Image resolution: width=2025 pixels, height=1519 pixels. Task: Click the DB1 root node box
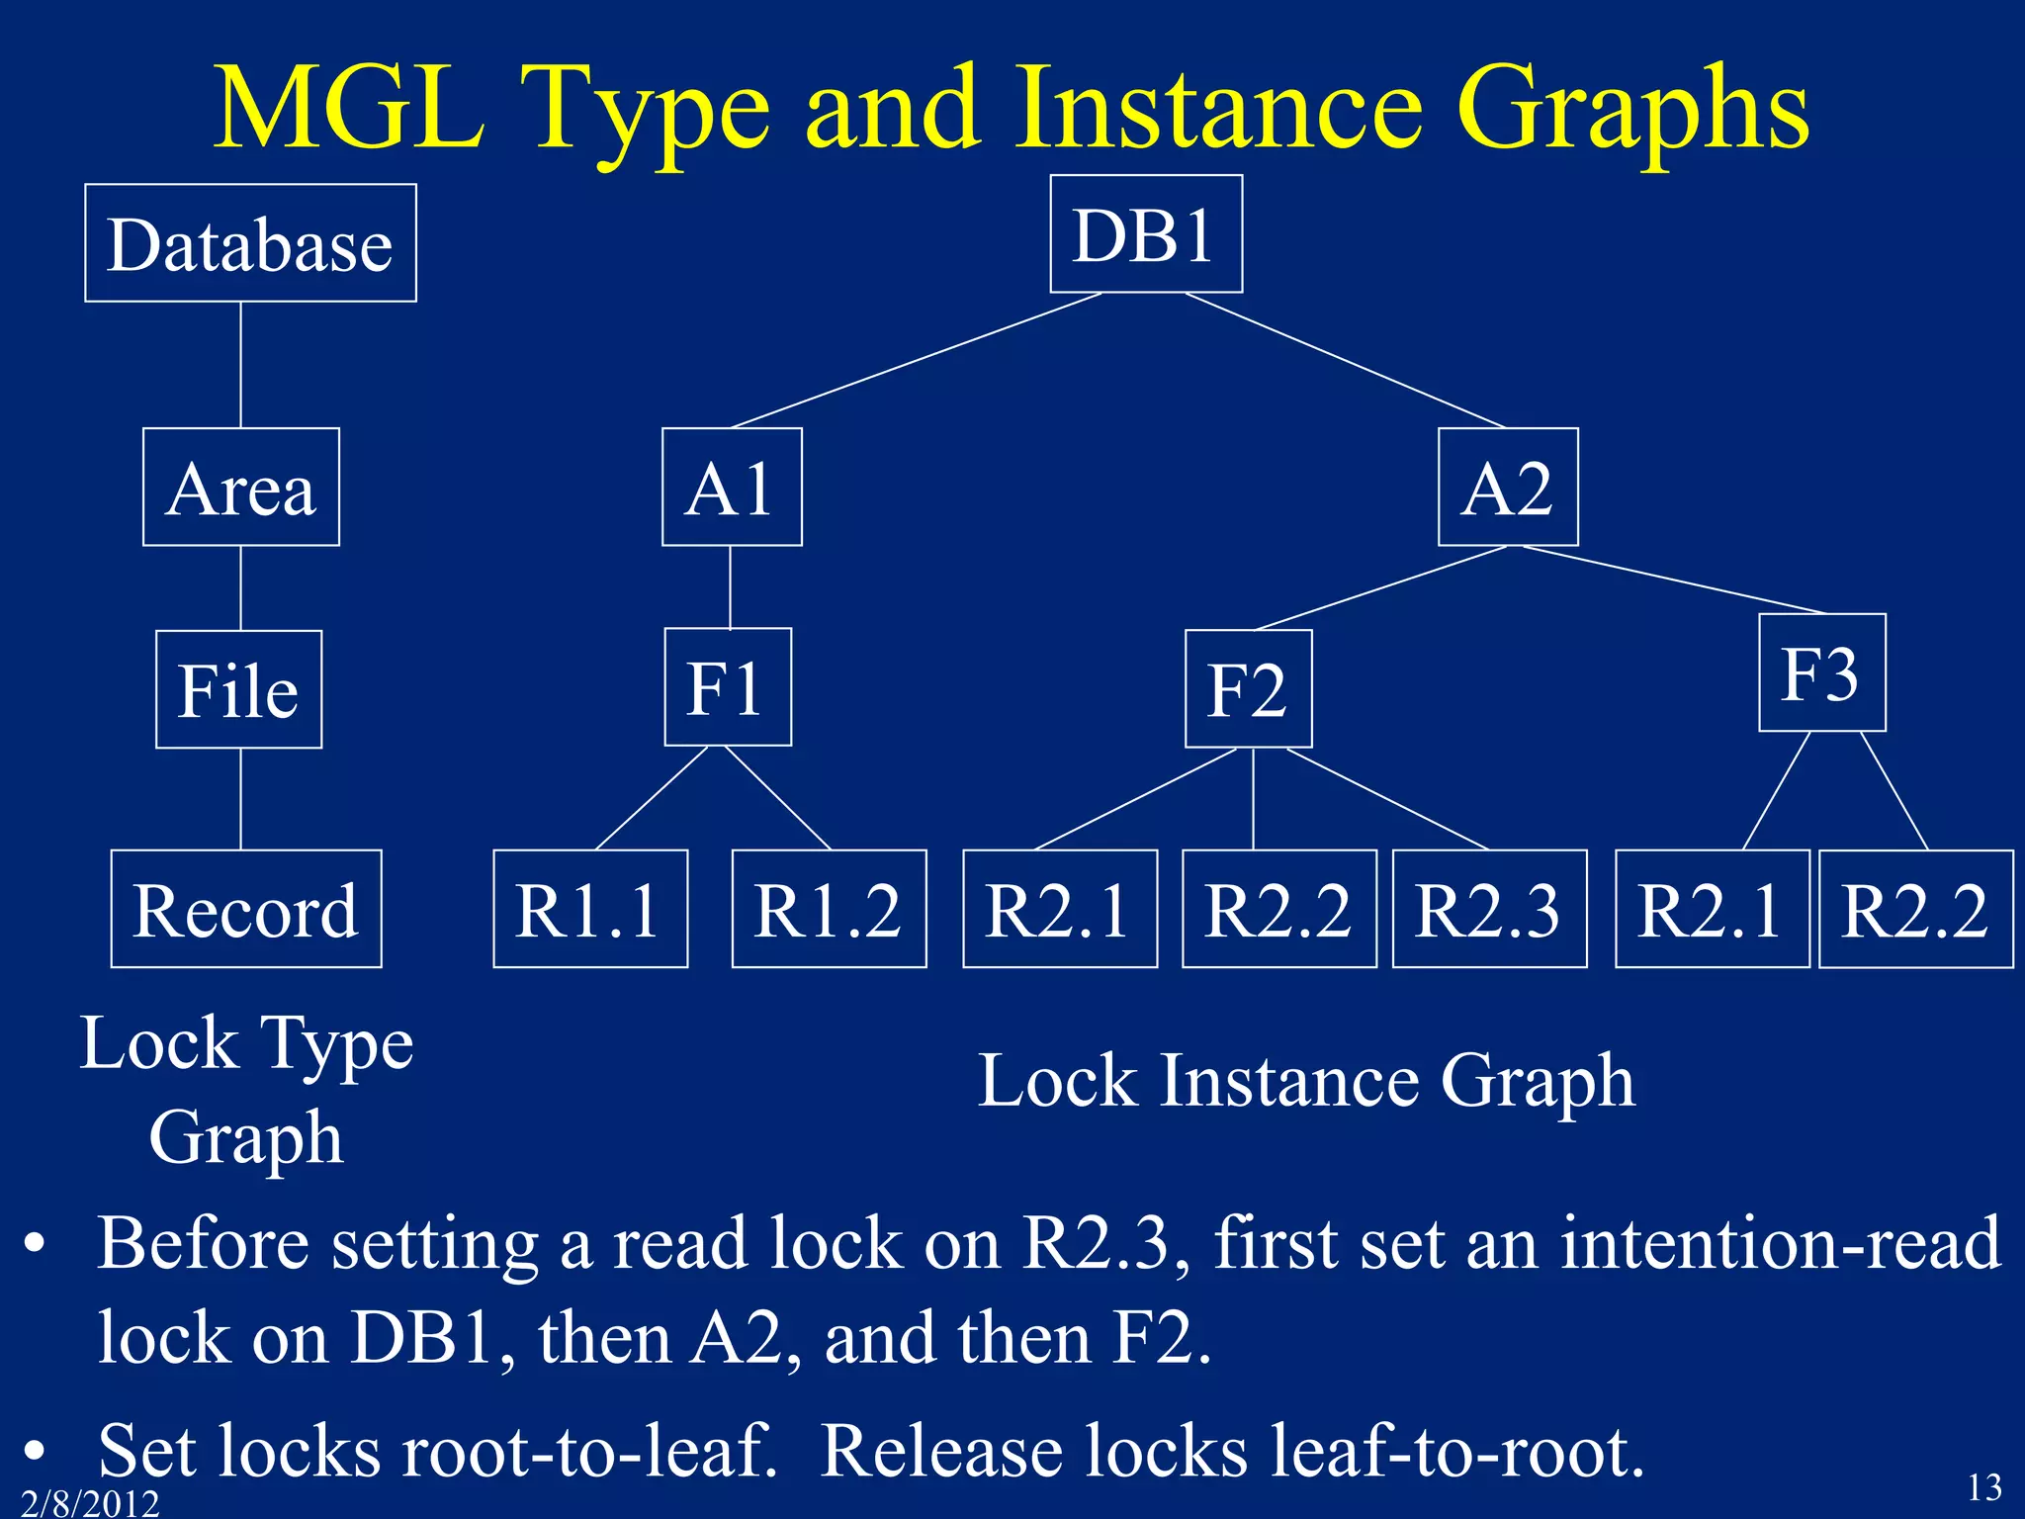(1145, 234)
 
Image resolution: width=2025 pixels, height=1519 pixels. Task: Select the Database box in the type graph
(250, 243)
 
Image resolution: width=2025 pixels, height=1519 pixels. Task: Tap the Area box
(241, 487)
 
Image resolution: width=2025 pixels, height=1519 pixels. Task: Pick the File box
(238, 689)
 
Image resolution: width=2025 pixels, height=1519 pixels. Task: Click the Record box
(246, 909)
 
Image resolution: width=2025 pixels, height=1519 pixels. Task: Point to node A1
(731, 487)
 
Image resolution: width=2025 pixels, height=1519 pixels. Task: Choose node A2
(1507, 487)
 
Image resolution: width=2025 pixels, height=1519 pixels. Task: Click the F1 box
(728, 686)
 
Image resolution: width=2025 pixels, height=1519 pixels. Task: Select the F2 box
(1248, 689)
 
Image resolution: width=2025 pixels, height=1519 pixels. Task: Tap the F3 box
(1821, 672)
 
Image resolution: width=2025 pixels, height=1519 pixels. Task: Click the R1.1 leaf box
(590, 909)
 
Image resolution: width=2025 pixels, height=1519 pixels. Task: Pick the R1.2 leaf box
(829, 909)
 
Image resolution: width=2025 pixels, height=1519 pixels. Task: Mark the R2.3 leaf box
(1489, 909)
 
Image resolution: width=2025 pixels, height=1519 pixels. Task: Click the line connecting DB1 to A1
(917, 361)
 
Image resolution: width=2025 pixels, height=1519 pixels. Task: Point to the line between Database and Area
(241, 364)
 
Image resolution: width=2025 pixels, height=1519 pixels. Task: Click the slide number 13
(1983, 1486)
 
